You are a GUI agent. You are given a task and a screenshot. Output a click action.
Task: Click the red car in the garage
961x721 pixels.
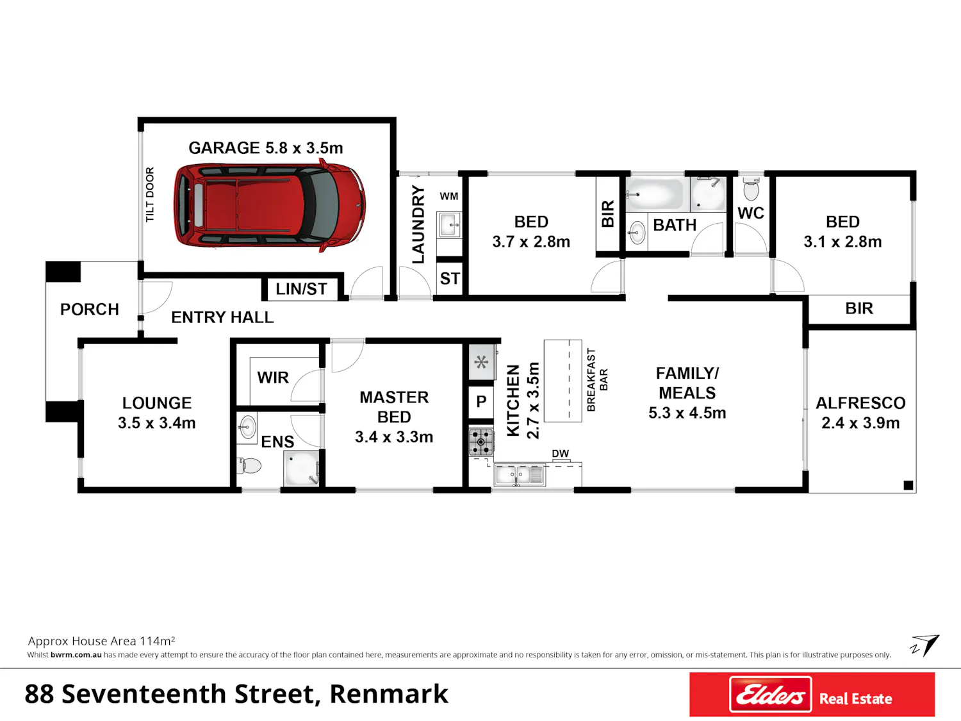click(x=270, y=205)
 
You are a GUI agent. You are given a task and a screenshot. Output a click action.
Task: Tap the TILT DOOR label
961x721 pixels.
click(x=150, y=194)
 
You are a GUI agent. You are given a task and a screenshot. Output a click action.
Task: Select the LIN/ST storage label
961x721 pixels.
click(x=301, y=289)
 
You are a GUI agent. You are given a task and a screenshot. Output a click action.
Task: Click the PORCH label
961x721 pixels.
click(x=89, y=310)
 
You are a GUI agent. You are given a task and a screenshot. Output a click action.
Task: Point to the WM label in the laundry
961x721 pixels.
click(x=448, y=197)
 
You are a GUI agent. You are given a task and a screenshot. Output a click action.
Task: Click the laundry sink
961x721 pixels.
click(x=449, y=225)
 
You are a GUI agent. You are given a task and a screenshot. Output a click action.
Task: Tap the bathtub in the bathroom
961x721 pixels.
click(x=653, y=194)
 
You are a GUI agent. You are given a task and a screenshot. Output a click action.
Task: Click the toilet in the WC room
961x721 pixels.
click(x=752, y=188)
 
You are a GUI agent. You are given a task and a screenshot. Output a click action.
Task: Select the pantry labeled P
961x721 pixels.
click(x=481, y=401)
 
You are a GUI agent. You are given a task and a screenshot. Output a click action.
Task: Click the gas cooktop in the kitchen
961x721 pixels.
click(x=481, y=442)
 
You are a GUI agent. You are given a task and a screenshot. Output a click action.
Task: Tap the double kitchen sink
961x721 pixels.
click(x=520, y=475)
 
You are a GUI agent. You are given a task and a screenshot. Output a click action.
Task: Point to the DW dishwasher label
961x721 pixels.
click(x=561, y=454)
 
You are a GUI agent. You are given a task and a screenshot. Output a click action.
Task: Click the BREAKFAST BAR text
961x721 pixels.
click(x=597, y=380)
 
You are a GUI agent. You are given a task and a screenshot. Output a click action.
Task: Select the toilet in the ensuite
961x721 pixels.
click(x=249, y=465)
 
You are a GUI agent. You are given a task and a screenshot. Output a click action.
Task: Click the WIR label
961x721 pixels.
click(x=273, y=377)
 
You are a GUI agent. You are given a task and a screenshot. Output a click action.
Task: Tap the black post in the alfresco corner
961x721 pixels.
click(x=908, y=485)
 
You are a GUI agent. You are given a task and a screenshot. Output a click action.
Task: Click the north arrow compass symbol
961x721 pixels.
click(x=925, y=646)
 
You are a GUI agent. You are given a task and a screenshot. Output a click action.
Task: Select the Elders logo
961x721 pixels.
click(x=770, y=694)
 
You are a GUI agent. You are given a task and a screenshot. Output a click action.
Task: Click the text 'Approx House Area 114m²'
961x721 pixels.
click(x=102, y=642)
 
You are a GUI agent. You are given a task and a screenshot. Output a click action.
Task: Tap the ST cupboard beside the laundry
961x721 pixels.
click(x=450, y=278)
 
